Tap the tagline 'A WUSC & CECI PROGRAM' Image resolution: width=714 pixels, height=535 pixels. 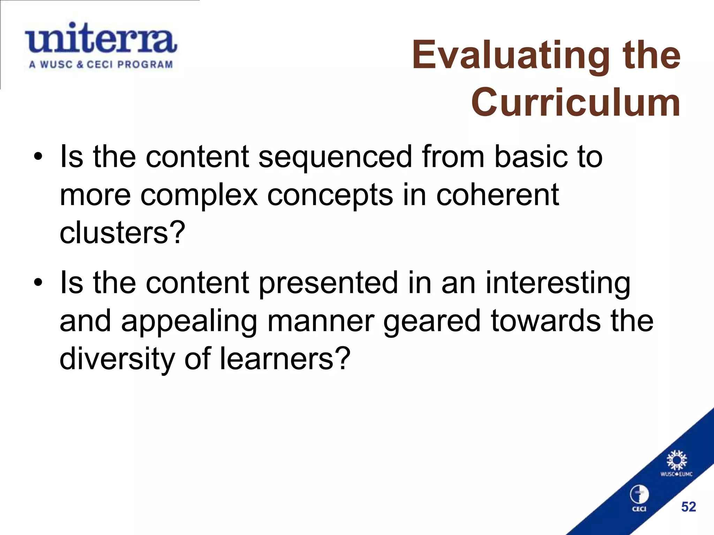point(101,65)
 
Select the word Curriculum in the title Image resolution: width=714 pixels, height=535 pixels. point(576,102)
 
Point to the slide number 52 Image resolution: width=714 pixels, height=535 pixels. point(689,507)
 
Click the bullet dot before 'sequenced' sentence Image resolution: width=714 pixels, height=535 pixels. point(38,157)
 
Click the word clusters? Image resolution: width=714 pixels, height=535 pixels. point(122,233)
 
